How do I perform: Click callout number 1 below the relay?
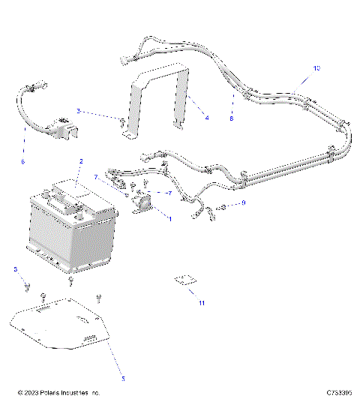pyautogui.click(x=169, y=219)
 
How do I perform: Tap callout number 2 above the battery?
pyautogui.click(x=81, y=162)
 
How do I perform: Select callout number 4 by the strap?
pyautogui.click(x=207, y=118)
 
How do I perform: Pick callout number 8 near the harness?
pyautogui.click(x=232, y=118)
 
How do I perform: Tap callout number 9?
pyautogui.click(x=244, y=203)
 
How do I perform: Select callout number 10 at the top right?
pyautogui.click(x=316, y=68)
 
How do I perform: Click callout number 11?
pyautogui.click(x=201, y=302)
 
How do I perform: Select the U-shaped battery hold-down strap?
pyautogui.click(x=159, y=97)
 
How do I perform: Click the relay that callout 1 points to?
pyautogui.click(x=142, y=202)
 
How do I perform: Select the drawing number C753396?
pyautogui.click(x=341, y=393)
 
